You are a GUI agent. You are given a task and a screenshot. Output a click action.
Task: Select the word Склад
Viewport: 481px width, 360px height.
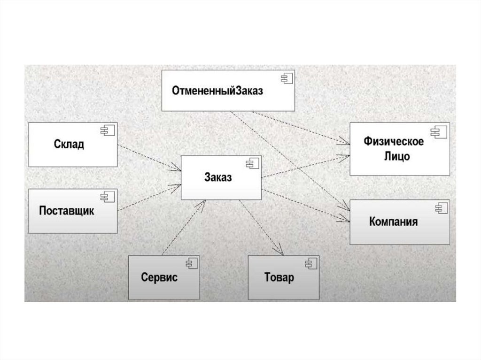pos(69,144)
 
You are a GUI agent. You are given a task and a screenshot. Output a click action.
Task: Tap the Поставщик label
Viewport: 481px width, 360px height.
pos(66,211)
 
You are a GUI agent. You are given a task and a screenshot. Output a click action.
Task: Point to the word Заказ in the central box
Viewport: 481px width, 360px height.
pos(218,177)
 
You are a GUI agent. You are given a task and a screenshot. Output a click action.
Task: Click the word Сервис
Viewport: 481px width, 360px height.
pos(159,277)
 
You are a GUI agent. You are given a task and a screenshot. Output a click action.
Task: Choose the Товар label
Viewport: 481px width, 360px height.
pos(279,277)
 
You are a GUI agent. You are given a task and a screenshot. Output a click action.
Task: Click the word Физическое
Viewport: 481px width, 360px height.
pos(394,141)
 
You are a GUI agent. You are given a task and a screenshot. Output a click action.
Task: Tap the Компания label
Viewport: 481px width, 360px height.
pos(393,222)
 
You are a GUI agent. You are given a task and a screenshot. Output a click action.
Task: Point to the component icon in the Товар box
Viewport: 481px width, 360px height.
pos(310,262)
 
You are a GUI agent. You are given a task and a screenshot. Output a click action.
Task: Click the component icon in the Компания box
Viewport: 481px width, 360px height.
pos(441,207)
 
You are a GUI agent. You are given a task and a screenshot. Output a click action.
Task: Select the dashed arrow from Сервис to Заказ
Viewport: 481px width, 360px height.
pos(183,227)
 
